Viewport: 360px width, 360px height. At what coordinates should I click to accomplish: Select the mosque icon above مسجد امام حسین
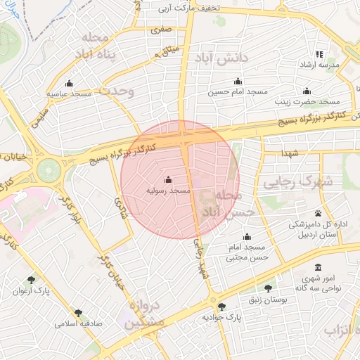[x=238, y=81]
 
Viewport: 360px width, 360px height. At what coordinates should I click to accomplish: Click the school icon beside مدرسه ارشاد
[x=319, y=54]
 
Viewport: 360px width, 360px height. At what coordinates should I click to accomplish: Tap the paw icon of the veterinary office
[x=319, y=213]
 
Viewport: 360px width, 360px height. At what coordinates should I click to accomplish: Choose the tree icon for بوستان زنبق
[x=268, y=288]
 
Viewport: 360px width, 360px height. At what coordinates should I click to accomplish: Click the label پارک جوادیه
[x=222, y=317]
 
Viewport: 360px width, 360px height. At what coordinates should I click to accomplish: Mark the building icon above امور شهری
[x=319, y=268]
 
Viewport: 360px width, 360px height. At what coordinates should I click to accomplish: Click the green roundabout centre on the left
[x=49, y=169]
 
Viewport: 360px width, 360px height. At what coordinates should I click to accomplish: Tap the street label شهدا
[x=290, y=153]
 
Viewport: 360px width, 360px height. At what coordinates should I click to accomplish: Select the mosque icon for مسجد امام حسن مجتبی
[x=246, y=237]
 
